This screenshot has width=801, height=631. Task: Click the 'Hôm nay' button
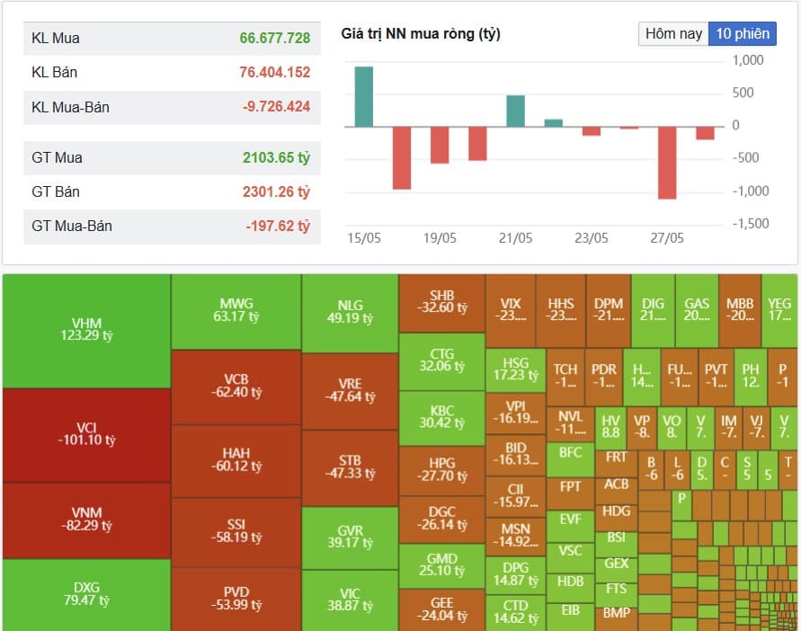(673, 33)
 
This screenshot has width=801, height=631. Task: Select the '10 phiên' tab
(743, 33)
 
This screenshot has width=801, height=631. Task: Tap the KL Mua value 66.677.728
(274, 38)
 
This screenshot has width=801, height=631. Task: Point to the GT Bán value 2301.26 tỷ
(276, 191)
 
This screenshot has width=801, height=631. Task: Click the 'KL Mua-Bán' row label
(70, 107)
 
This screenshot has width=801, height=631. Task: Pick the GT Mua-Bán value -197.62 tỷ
(278, 226)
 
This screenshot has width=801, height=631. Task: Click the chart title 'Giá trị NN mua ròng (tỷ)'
(421, 34)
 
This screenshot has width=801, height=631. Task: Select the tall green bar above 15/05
(363, 96)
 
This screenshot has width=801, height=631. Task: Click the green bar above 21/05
(515, 111)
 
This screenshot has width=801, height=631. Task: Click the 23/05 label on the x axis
(591, 238)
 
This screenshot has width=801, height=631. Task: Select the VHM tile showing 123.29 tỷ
(86, 329)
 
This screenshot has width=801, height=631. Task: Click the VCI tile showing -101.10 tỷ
(86, 434)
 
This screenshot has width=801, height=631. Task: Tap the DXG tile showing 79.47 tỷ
(86, 593)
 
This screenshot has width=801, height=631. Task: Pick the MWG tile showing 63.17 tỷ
(236, 310)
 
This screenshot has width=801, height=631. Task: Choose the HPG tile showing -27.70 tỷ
(441, 469)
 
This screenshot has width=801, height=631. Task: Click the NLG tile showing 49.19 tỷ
(350, 311)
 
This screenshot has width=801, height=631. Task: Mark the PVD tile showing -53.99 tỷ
(236, 598)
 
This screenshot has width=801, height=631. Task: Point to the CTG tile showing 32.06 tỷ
(441, 360)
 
